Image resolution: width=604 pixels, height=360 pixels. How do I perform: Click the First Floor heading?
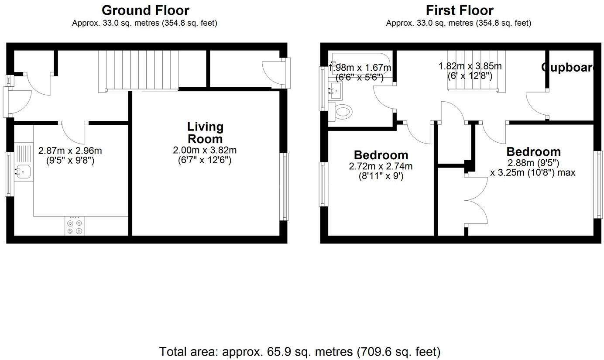pos(459,10)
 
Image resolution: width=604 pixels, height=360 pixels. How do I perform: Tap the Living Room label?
pos(205,133)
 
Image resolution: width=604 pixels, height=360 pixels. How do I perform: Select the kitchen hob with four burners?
pos(74,226)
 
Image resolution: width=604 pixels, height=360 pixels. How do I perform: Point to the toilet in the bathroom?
pos(343,112)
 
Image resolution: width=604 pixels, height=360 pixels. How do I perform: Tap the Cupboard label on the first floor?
pos(567,68)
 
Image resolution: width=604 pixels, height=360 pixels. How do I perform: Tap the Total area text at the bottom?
pos(299,351)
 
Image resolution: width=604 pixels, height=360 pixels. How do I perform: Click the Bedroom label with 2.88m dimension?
pos(533,152)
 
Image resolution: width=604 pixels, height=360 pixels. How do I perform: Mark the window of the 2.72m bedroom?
pos(323,184)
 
